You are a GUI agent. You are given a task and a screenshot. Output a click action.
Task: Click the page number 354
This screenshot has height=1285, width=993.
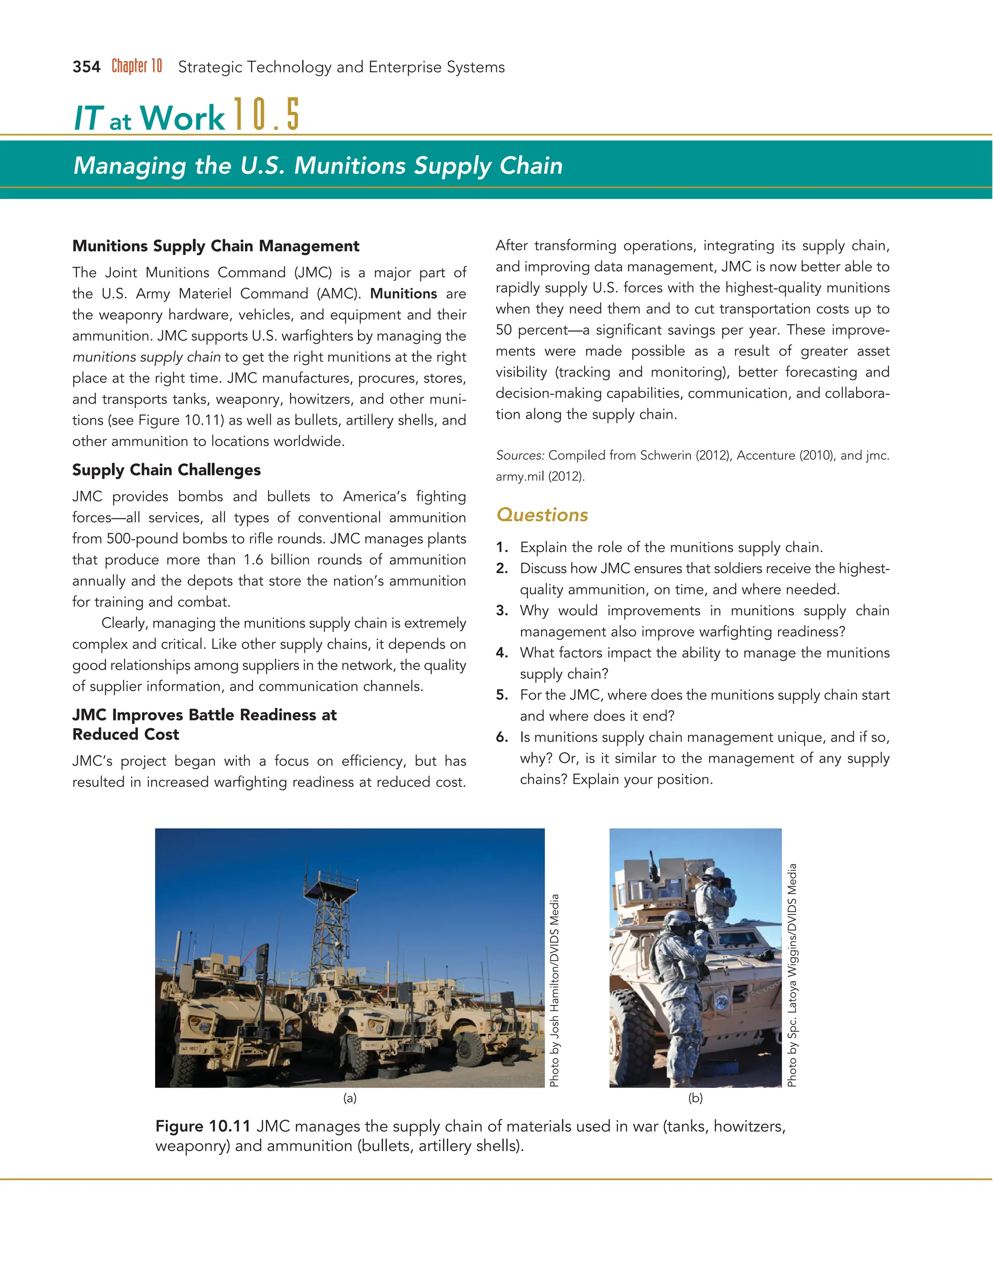point(86,67)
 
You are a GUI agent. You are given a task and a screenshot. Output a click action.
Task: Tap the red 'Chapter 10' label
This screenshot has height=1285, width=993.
point(136,66)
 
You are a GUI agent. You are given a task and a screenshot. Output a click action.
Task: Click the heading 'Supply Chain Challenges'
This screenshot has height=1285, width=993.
point(166,469)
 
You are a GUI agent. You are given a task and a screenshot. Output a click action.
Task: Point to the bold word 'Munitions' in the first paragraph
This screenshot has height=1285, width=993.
point(403,293)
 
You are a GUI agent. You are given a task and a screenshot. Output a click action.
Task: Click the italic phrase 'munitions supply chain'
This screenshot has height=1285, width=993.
point(146,357)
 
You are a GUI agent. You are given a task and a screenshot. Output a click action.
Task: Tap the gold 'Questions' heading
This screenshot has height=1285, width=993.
point(542,515)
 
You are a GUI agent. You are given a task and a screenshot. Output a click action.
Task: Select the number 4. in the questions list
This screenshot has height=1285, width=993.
point(502,653)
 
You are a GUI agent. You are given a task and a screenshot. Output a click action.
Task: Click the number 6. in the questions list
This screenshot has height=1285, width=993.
point(502,737)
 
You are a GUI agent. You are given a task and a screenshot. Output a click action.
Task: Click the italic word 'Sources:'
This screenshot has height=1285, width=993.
point(519,455)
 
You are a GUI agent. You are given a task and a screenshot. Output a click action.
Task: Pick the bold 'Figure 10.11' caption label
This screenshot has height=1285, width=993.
point(203,1126)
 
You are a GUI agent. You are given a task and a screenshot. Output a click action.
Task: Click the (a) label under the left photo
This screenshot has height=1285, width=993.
point(350,1098)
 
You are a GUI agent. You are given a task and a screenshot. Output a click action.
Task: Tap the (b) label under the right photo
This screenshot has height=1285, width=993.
point(695,1098)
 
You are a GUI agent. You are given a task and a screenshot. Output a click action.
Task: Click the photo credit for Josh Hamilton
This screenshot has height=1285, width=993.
point(554,990)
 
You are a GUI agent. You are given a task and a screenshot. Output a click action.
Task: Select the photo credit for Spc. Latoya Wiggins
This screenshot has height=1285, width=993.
point(792,974)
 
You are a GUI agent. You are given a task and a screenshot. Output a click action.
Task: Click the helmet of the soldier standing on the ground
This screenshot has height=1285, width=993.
point(678,919)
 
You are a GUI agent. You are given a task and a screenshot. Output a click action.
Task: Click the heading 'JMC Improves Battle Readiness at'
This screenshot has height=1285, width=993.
point(204,715)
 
